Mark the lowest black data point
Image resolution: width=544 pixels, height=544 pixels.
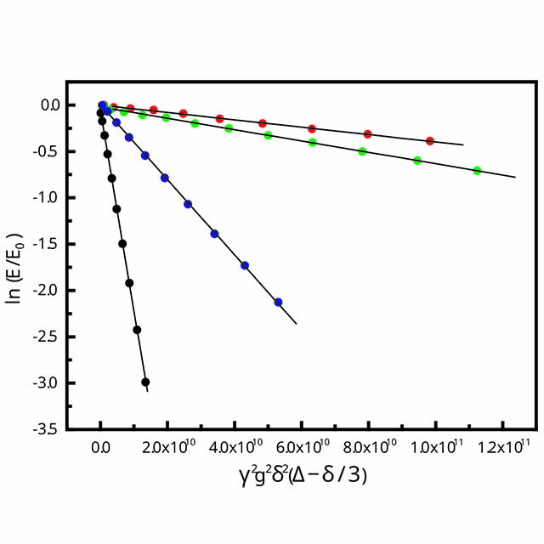point(145,382)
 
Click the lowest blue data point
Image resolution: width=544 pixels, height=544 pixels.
point(278,302)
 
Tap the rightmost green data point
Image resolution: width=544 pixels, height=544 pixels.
point(477,170)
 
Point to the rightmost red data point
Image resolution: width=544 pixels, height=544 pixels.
point(430,141)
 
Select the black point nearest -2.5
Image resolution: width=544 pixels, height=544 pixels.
point(137,330)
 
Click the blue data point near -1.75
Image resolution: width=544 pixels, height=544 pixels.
point(245,265)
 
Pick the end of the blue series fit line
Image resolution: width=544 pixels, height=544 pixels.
point(296,324)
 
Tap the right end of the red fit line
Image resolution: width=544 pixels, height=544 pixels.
point(463,145)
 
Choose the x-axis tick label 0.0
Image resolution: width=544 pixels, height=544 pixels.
point(101,446)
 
